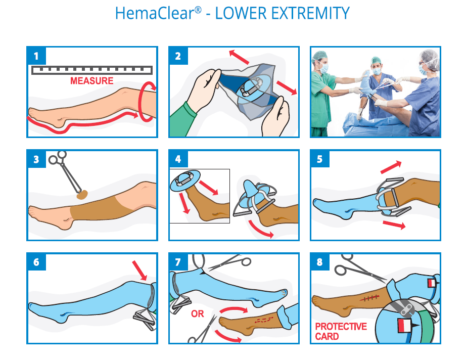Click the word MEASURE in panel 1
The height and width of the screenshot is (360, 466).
coord(92,81)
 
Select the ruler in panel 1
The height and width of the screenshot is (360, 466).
coord(92,70)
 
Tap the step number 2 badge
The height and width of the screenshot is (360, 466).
coord(178,56)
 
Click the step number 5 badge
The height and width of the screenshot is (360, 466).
coord(320,159)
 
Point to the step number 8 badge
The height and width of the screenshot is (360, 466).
coord(320,262)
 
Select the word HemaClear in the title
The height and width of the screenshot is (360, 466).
coord(155,13)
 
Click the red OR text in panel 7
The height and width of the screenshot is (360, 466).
coord(197,313)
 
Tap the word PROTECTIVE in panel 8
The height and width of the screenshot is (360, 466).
coord(341,327)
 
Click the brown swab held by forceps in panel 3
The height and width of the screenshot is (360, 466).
coord(82,195)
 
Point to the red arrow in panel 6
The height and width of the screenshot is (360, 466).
coord(139,271)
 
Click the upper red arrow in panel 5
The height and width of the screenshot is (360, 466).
coord(391,167)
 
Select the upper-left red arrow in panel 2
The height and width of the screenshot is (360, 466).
coord(239,57)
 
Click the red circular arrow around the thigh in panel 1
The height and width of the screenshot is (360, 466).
coord(147,102)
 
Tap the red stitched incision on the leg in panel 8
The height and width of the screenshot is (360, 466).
coord(369,298)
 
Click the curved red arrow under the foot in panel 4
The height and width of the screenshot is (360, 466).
coord(261,229)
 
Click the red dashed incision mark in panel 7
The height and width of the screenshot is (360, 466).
coord(264,320)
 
